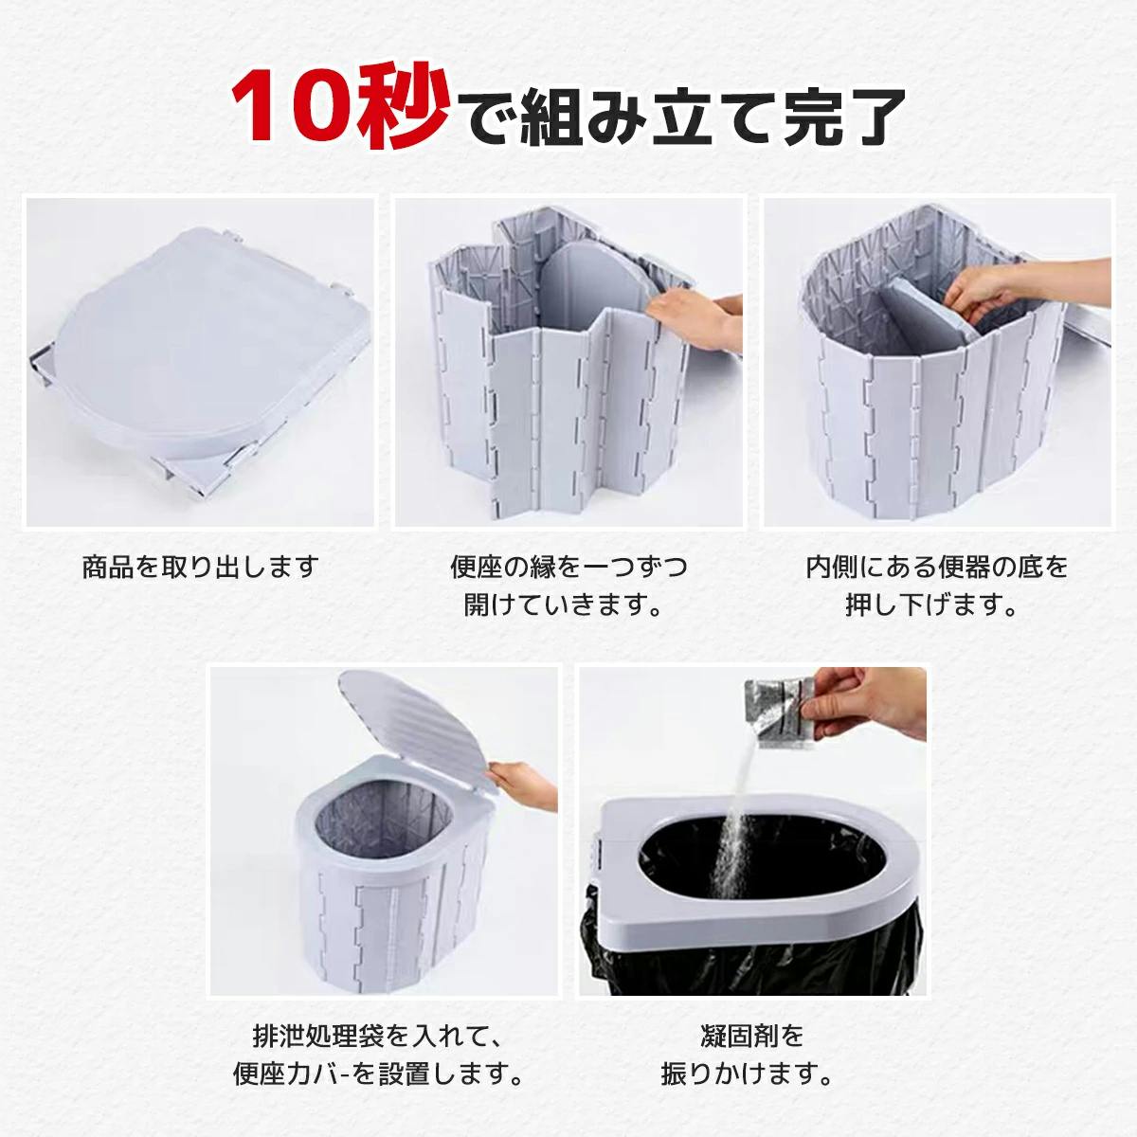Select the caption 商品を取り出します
coord(201,567)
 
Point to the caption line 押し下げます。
coord(932,605)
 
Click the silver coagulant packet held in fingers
coord(780,713)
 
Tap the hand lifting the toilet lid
coord(523,785)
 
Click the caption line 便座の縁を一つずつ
coord(568,567)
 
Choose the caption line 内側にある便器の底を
coord(937,567)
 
